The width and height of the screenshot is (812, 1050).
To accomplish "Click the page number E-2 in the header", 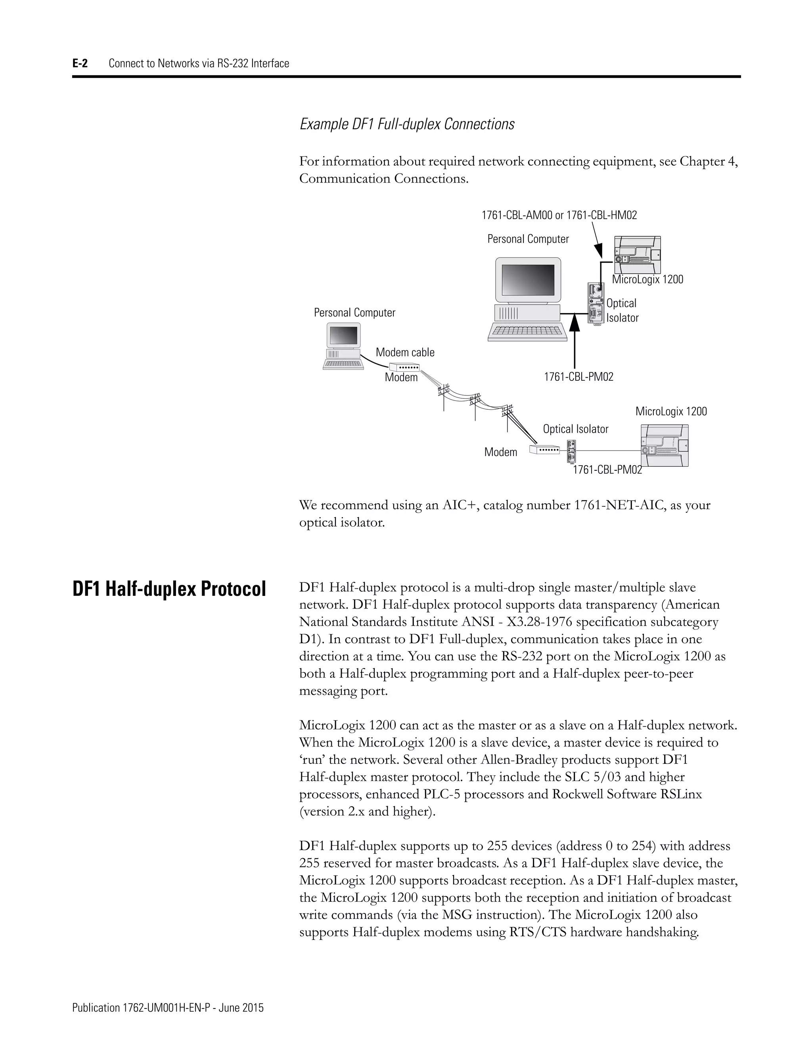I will click(80, 63).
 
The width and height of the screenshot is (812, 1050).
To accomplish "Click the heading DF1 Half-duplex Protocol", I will click(169, 589).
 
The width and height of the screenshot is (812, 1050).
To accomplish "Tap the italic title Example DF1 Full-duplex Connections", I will click(407, 124).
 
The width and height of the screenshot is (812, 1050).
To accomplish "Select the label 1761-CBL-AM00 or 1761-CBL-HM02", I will click(559, 216).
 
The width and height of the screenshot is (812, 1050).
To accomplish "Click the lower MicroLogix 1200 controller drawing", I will click(665, 446).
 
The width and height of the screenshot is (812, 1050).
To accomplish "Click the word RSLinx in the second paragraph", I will click(681, 794).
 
